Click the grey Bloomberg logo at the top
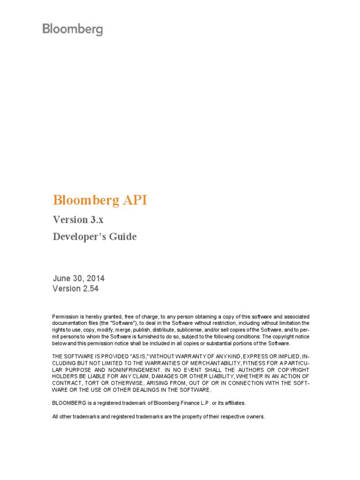(x=73, y=30)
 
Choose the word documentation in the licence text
(x=68, y=323)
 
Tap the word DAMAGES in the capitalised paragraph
(x=171, y=376)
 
